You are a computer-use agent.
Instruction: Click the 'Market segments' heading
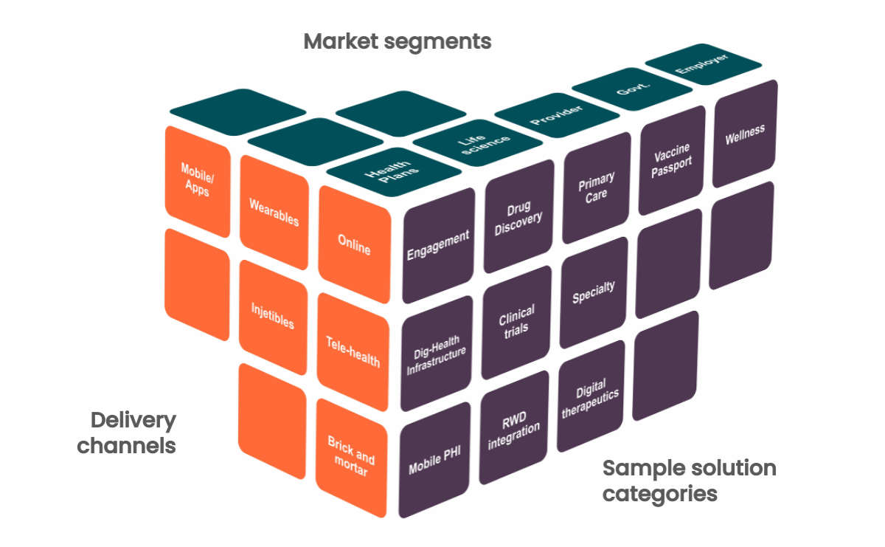coord(397,41)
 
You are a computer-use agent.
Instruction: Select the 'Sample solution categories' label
coord(689,480)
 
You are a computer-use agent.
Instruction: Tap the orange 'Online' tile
coord(354,243)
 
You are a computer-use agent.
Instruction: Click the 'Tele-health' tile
coord(353,351)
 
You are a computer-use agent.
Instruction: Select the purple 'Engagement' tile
coord(438,244)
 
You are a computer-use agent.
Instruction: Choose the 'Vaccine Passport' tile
coord(672,158)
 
